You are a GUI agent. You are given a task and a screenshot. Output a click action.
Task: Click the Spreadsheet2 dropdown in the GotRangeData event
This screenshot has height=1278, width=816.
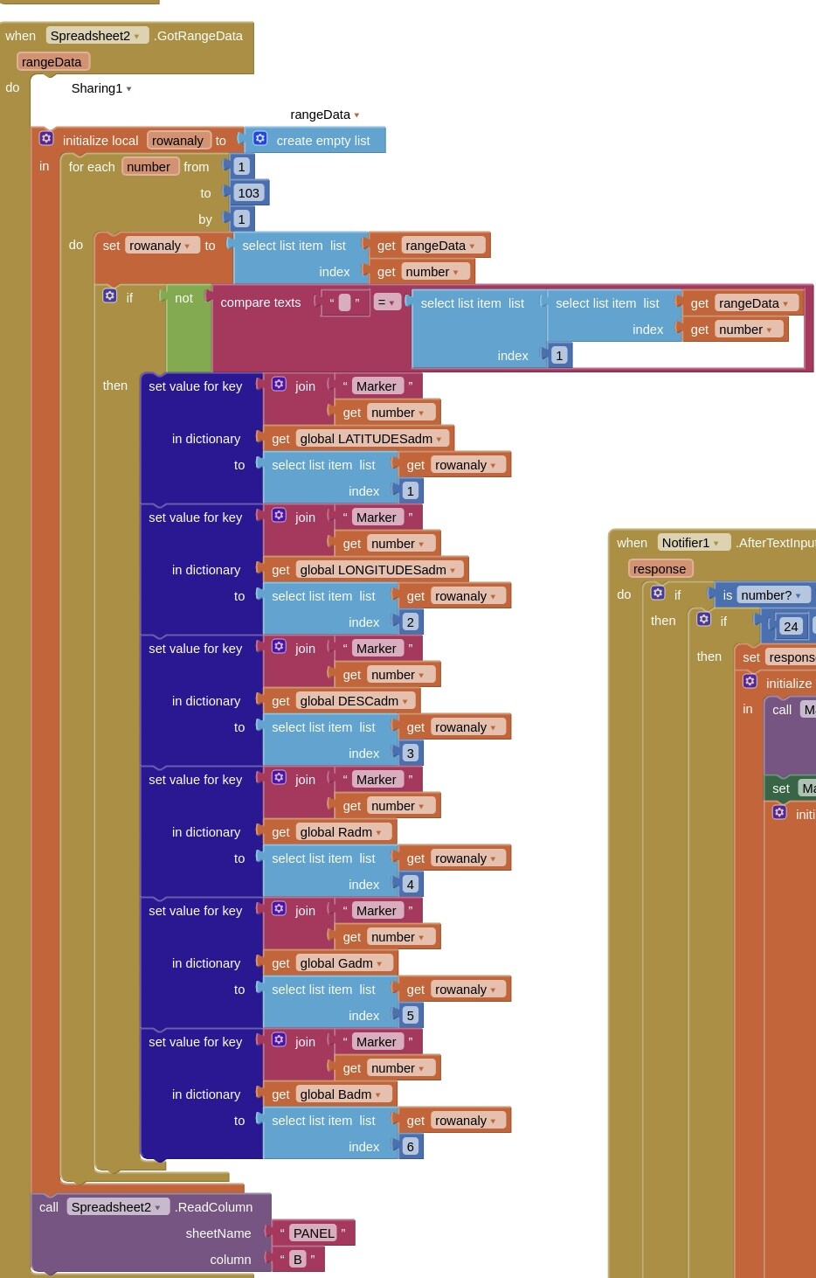(x=95, y=36)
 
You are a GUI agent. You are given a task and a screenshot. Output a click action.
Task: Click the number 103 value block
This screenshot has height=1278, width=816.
(x=248, y=193)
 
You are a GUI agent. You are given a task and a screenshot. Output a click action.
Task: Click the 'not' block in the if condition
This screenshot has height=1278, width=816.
(x=183, y=299)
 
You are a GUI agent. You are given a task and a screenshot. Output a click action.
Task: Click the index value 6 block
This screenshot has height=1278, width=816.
(x=410, y=1147)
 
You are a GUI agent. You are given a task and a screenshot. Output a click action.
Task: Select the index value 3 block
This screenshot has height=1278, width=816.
(x=410, y=754)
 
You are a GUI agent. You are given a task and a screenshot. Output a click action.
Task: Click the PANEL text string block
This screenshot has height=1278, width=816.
(x=313, y=1233)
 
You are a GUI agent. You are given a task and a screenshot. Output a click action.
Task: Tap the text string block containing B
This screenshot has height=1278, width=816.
(x=298, y=1260)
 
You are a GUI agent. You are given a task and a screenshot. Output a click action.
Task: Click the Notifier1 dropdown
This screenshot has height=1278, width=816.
(x=690, y=543)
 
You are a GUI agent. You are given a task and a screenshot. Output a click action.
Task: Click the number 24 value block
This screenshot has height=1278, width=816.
(x=791, y=627)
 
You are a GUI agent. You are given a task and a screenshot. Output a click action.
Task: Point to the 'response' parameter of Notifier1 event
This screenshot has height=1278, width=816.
(x=660, y=569)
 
